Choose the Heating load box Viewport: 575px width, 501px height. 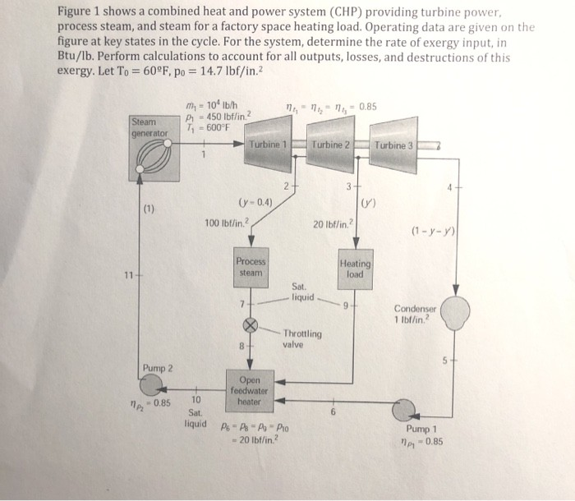355,269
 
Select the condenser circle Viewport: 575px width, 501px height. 455,312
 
